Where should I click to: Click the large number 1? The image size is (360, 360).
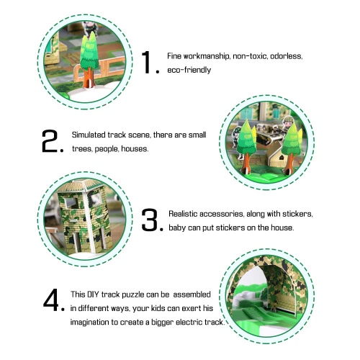[146, 62]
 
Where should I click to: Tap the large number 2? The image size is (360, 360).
[50, 141]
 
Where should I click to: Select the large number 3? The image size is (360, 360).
[150, 220]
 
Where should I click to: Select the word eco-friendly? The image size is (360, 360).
[189, 70]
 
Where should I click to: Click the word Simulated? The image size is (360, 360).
[89, 135]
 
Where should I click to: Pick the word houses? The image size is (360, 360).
[135, 149]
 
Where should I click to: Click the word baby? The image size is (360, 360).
[177, 228]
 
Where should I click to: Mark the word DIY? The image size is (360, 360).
[93, 294]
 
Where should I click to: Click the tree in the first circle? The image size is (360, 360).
[89, 59]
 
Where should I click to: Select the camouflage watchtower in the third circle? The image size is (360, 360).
[84, 217]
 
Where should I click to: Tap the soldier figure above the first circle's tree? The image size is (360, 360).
[90, 28]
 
